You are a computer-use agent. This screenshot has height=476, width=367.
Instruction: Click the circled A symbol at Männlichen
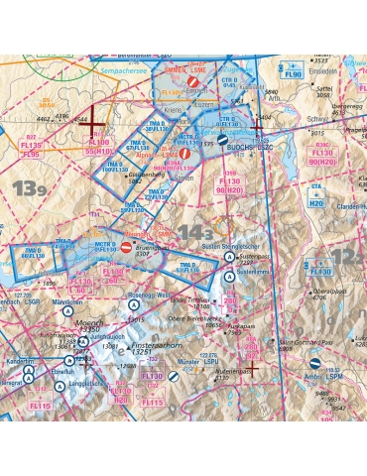66,310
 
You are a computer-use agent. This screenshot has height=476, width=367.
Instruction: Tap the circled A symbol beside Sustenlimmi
227,273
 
